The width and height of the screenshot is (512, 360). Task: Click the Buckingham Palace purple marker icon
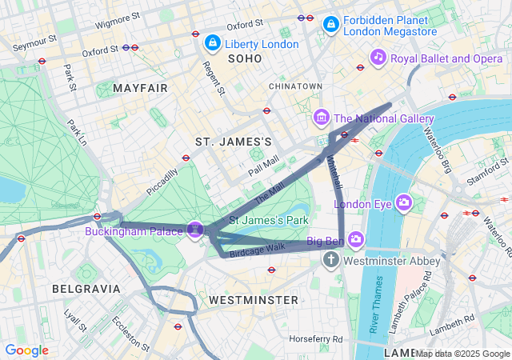[194, 230]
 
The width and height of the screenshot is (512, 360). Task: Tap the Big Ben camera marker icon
[356, 238]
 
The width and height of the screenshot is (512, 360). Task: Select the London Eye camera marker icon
[403, 203]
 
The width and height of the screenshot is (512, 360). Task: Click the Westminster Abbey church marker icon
[331, 261]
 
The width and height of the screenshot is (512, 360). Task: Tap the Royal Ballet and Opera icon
[378, 58]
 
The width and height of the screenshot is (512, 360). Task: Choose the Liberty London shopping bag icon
[213, 42]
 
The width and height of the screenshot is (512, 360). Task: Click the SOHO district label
[245, 59]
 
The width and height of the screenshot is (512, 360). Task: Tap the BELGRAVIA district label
[86, 288]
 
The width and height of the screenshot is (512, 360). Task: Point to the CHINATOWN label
[295, 86]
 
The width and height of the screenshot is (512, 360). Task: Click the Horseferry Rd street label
[317, 339]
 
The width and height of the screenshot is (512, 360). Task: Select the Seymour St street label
[34, 39]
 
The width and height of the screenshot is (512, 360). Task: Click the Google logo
[26, 350]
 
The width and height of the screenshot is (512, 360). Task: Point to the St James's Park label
[269, 219]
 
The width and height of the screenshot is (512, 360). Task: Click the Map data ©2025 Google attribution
[462, 354]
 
